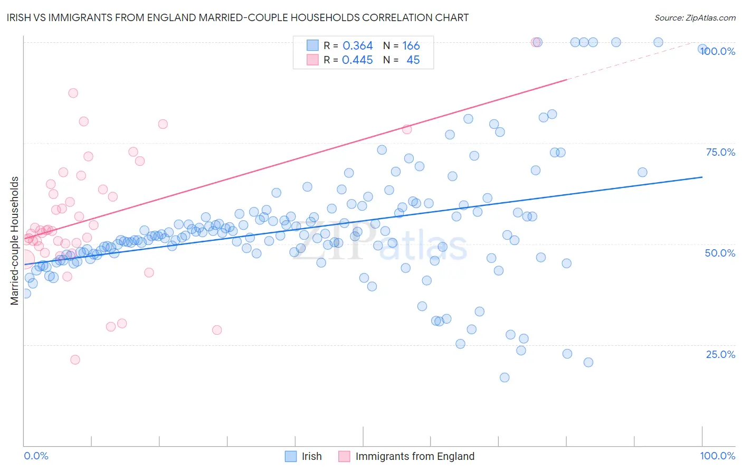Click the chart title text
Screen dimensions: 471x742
pos(237,17)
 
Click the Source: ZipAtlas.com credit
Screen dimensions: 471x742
pos(695,17)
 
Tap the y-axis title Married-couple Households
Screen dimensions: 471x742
pos(15,240)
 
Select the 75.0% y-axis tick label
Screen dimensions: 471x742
pos(720,152)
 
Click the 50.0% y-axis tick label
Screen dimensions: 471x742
pos(720,253)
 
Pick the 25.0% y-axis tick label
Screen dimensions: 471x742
pos(720,354)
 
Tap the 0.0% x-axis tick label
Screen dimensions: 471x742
pos(36,456)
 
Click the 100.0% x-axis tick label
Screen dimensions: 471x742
pos(717,456)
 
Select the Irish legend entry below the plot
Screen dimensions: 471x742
pos(311,456)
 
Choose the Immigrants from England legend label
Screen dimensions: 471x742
pos(415,456)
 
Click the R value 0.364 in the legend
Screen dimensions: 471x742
pos(357,46)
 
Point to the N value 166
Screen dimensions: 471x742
pos(411,46)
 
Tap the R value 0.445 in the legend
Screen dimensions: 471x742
pos(357,60)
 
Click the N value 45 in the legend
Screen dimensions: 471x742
pos(413,60)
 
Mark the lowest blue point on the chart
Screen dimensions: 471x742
pos(505,378)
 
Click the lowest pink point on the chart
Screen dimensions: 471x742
pos(75,360)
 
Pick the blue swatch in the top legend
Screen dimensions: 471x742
pos(313,45)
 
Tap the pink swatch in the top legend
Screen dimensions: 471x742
pos(313,60)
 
